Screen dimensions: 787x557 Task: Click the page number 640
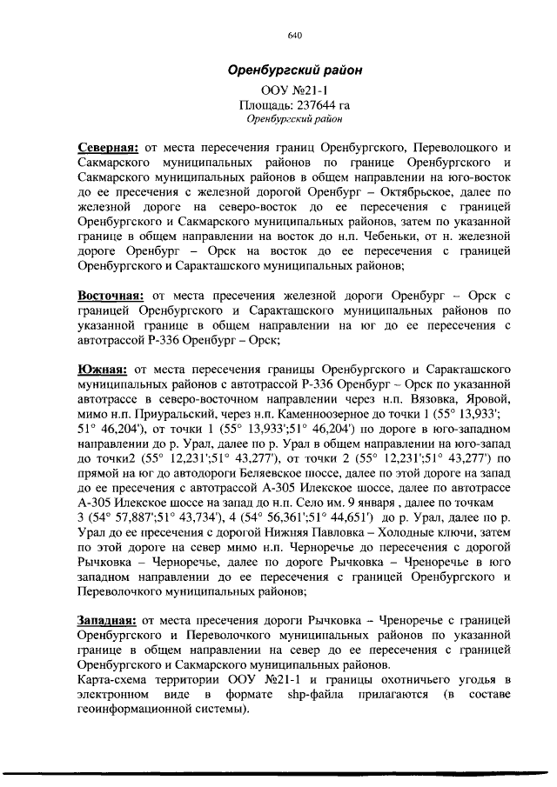tap(293, 36)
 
